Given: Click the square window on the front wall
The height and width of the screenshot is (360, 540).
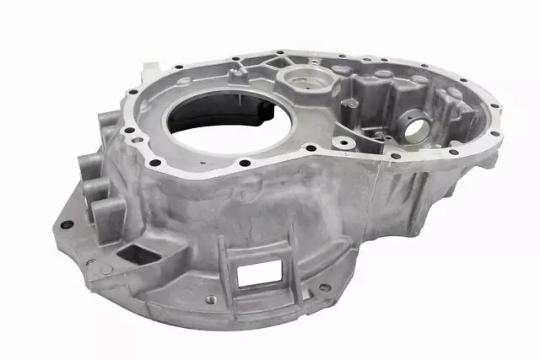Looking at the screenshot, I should (259, 272).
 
